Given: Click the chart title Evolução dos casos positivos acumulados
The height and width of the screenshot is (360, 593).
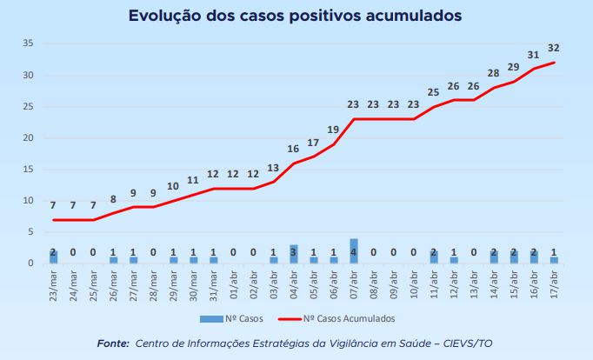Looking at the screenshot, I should point(296,16).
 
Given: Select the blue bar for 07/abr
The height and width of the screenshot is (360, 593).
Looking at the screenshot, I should point(354,251).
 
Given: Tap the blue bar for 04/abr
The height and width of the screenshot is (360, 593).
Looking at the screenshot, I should point(294,254).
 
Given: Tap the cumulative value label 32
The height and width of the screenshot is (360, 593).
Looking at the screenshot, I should point(554,47).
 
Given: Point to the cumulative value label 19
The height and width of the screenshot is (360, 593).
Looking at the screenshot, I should point(333,129).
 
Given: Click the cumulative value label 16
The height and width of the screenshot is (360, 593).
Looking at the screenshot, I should point(293,149).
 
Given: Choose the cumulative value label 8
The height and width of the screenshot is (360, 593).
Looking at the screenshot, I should point(113,198).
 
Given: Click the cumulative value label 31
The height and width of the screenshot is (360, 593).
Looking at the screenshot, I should point(534,54).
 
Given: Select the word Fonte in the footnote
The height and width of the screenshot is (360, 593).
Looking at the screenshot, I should point(112,343).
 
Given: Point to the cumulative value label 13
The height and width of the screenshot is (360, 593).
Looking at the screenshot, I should point(273,167).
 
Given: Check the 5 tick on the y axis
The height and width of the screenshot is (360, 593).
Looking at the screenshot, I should point(31,232).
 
